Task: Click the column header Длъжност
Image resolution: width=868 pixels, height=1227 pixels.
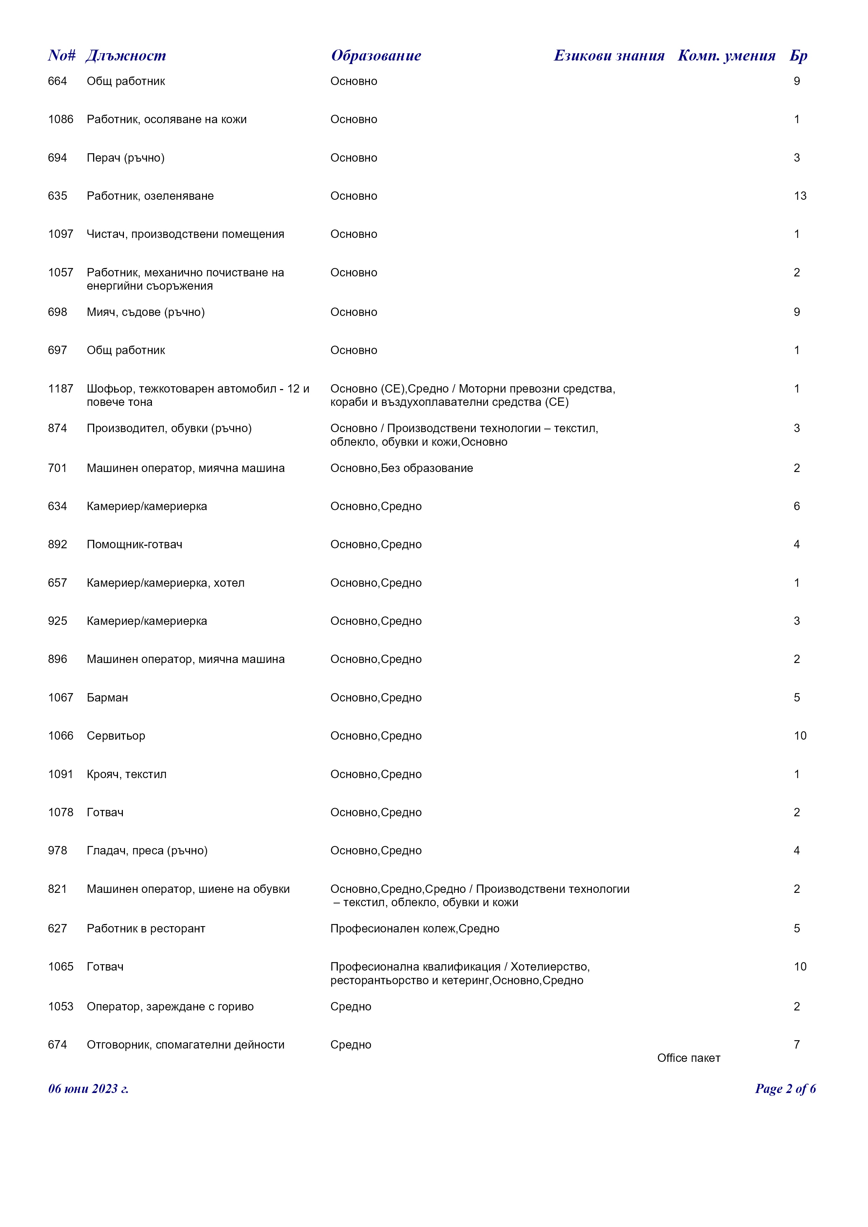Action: coord(126,56)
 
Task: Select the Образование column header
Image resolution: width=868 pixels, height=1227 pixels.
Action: coord(376,56)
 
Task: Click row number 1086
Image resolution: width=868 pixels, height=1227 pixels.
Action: coord(61,119)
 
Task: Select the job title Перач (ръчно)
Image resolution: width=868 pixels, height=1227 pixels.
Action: coord(126,158)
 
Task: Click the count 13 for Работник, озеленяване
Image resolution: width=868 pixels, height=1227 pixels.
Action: coord(800,196)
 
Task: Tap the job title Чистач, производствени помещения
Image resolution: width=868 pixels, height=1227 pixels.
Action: coord(185,234)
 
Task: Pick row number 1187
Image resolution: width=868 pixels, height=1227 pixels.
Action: coord(61,388)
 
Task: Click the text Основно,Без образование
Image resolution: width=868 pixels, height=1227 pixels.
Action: coord(401,468)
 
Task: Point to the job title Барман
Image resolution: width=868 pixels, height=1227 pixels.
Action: coord(107,697)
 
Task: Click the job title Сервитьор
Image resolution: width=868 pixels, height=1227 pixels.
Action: coord(116,736)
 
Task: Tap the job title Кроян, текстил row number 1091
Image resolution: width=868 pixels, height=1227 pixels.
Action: coord(61,774)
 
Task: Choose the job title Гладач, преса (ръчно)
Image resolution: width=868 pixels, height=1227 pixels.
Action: coord(147,850)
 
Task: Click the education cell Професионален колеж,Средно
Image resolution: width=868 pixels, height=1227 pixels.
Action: coord(415,928)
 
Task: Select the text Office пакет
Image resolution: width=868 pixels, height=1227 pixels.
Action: coord(688,1058)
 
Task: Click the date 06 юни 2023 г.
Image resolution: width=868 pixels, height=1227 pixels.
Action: coord(88,1088)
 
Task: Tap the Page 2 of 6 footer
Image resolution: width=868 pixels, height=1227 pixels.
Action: coord(785,1088)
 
